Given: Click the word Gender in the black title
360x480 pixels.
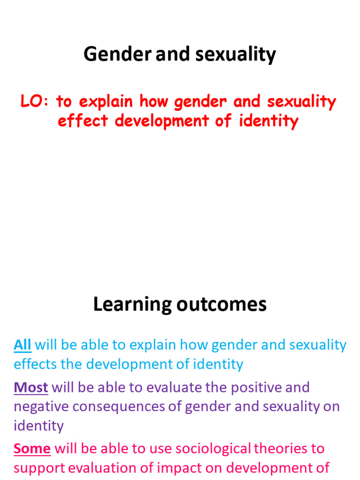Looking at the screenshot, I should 117,55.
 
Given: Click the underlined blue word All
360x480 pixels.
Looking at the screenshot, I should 22,345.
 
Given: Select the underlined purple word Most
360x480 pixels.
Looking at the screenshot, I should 31,388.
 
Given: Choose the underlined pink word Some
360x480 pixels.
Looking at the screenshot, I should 32,449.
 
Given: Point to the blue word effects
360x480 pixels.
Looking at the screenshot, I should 35,364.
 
